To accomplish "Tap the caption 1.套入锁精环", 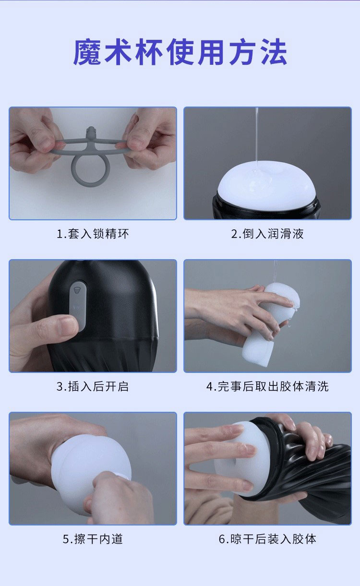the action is tap(93, 234).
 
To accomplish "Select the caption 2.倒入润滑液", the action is tap(267, 234).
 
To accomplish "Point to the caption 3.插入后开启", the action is tap(93, 386).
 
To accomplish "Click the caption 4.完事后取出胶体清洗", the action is tap(267, 386).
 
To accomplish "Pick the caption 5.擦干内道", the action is tap(93, 539).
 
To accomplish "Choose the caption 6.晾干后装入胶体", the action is tap(267, 539).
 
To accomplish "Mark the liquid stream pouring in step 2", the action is tap(257, 134).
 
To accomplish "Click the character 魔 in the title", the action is tap(87, 52).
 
